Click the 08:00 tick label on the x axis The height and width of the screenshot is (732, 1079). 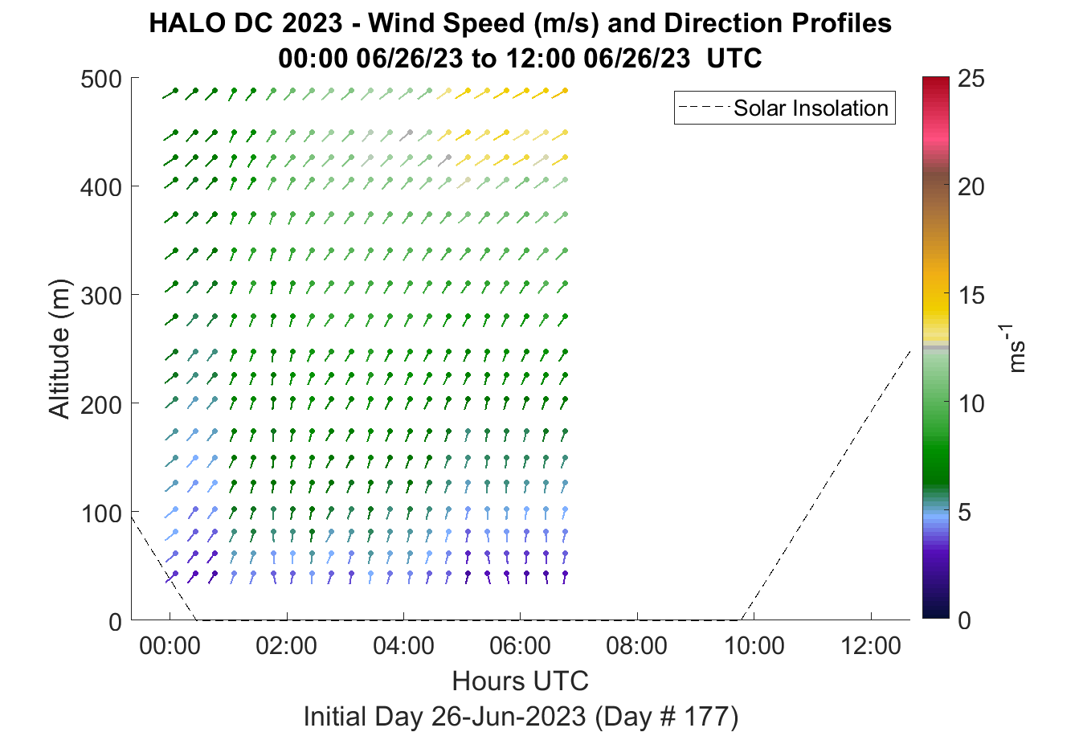coord(636,646)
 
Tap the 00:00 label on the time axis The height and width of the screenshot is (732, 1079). coord(170,646)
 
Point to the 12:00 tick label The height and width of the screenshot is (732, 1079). coord(870,646)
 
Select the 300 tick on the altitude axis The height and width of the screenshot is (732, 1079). coord(101,296)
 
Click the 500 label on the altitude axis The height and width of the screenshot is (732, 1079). coord(101,79)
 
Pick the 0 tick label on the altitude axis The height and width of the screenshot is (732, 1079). coord(115,622)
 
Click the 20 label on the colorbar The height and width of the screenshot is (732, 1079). coord(971,186)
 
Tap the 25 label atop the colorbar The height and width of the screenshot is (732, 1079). coord(971,78)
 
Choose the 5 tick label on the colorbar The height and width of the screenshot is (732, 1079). coord(964,513)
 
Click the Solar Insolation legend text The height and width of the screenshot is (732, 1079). coord(811,108)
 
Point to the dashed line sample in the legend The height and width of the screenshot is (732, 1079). coord(704,108)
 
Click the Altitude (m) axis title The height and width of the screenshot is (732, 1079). coord(59,349)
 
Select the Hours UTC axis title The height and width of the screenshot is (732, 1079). coord(521,681)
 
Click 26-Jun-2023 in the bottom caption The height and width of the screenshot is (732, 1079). coord(509,717)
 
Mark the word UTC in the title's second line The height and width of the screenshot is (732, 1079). coord(734,59)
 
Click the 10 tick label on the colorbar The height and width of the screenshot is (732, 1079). coord(971,403)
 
